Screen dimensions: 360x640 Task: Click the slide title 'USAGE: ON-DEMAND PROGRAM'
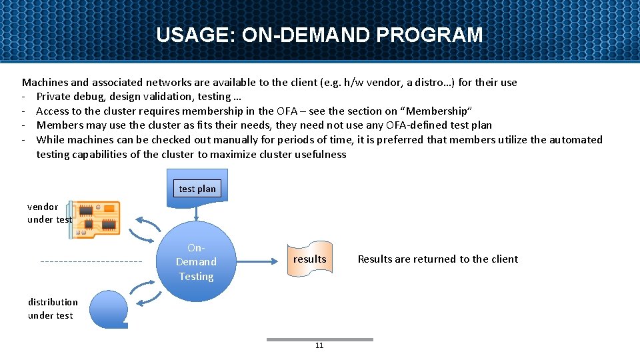[x=319, y=35]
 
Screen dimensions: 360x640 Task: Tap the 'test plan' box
[x=197, y=189]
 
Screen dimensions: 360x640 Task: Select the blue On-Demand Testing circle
[x=196, y=261]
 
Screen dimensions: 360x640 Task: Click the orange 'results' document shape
[x=309, y=259]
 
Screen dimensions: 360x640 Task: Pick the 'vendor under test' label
[x=49, y=213]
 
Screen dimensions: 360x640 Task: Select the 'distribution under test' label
[x=53, y=309]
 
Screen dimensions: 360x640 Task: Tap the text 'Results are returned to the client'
[x=437, y=259]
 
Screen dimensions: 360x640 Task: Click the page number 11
[x=319, y=345]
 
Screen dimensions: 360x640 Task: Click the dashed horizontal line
[x=91, y=261]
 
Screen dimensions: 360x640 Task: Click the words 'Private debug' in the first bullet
[x=69, y=97]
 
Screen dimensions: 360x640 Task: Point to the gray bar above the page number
[x=319, y=339]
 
